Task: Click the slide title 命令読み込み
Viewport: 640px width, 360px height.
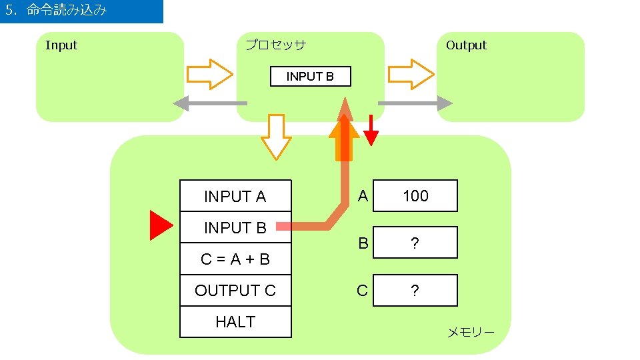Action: (x=67, y=11)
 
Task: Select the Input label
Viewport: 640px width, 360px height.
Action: (x=61, y=45)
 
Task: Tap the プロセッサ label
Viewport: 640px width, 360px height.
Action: (x=275, y=45)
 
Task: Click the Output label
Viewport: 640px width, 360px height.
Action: (x=466, y=45)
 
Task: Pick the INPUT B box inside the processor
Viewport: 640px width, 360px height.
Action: (x=310, y=77)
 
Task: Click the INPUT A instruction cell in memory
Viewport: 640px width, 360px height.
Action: (x=235, y=197)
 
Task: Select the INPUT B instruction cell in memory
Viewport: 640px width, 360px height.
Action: (x=235, y=228)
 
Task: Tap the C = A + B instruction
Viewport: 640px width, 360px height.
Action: (x=235, y=259)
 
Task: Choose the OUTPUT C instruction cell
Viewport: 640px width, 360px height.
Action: (x=235, y=291)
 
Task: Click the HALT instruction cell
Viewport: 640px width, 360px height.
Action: (x=235, y=322)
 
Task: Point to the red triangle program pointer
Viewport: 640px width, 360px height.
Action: (x=160, y=225)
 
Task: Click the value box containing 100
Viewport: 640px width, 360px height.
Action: (x=415, y=196)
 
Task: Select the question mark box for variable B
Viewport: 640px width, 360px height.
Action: (x=415, y=243)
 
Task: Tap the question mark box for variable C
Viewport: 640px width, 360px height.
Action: (x=415, y=291)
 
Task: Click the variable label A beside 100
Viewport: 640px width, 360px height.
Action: (x=362, y=196)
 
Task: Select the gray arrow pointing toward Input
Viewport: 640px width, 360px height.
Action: (x=210, y=103)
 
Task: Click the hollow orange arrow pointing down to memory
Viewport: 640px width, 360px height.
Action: (x=275, y=137)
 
